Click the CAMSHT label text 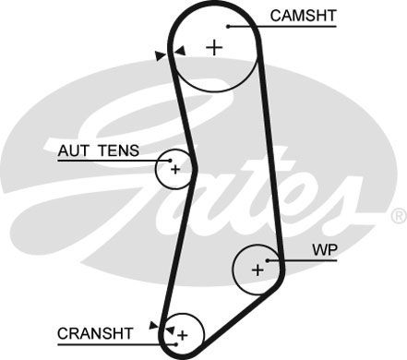tap(304, 15)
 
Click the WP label tap(323, 249)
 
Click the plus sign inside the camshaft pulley tap(215, 47)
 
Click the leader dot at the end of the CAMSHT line tap(228, 26)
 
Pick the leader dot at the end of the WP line tap(269, 260)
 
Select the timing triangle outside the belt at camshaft tap(160, 56)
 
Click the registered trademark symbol tap(398, 215)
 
